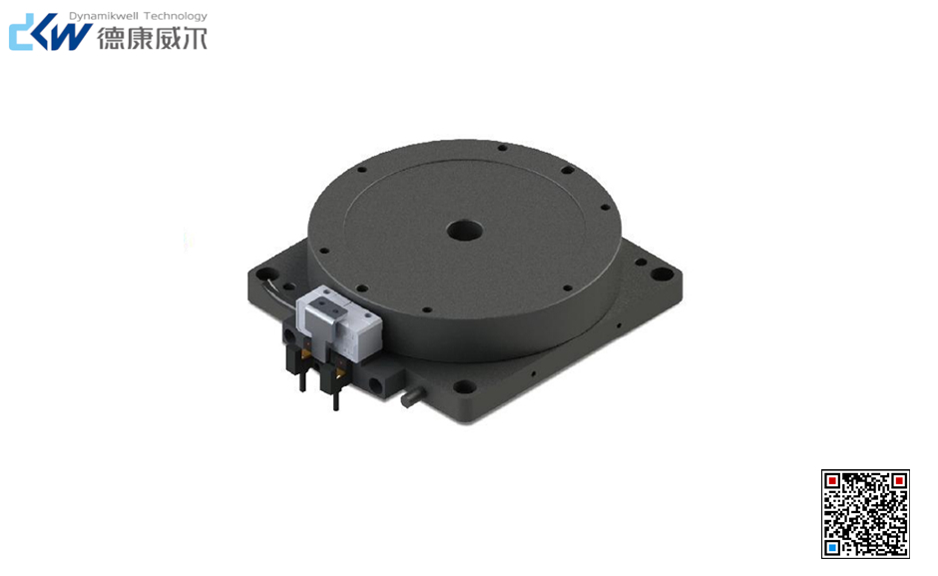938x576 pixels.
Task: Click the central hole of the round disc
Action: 465,230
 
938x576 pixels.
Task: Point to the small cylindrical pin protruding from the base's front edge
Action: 413,397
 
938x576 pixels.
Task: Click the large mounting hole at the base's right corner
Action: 663,275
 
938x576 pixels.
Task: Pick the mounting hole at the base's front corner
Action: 461,387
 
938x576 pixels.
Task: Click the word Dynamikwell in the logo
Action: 104,16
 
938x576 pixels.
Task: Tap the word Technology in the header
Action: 176,16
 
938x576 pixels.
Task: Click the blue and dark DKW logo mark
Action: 50,33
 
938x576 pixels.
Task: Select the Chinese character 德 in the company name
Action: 110,38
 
